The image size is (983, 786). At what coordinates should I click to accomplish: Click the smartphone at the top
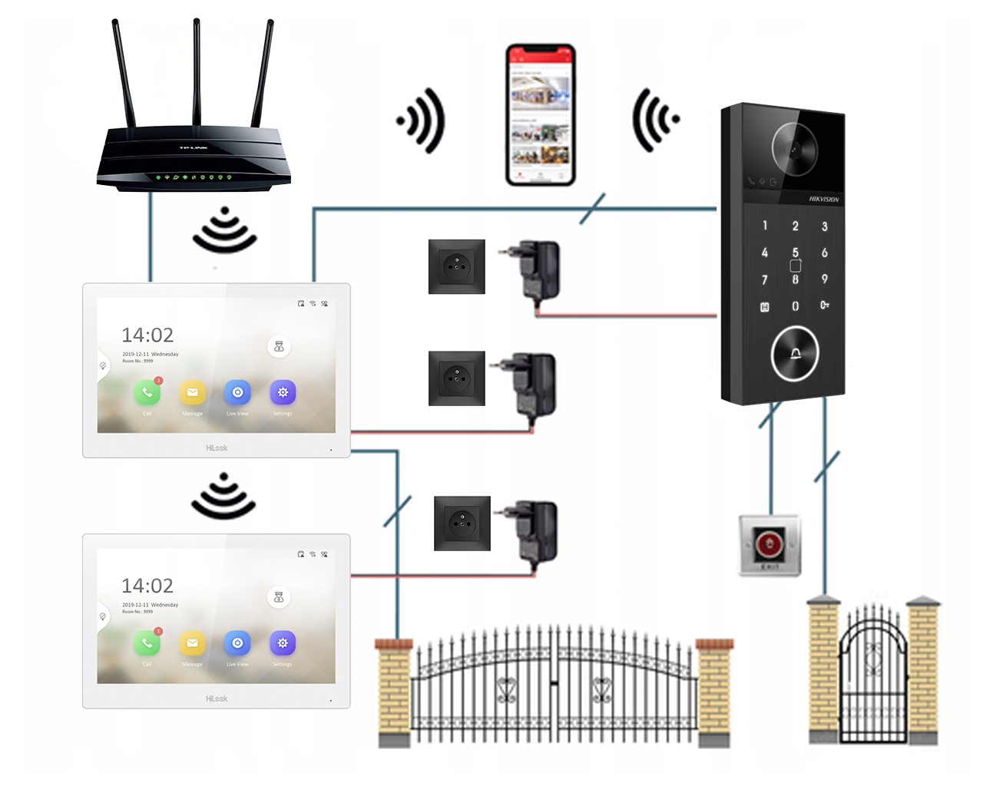[541, 115]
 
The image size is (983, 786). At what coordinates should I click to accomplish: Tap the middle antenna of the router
[197, 73]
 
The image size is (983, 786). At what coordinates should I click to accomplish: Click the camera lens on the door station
[795, 150]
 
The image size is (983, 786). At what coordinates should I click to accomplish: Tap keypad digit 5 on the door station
[795, 253]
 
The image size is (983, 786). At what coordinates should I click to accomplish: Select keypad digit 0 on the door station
[795, 306]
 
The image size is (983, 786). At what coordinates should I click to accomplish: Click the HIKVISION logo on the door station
[823, 200]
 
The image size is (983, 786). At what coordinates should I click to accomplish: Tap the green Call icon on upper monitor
[147, 393]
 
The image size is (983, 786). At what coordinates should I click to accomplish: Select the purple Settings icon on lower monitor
[283, 643]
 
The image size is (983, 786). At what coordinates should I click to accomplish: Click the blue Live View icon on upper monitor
[237, 393]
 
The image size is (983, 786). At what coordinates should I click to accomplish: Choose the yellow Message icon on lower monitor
[192, 643]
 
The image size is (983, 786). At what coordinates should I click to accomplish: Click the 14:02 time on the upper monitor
[147, 335]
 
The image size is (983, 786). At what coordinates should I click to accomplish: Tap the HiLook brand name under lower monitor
[217, 698]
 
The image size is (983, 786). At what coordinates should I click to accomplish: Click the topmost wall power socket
[457, 266]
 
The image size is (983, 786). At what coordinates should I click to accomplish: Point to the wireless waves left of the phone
[422, 121]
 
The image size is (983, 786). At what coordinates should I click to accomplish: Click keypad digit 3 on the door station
[825, 226]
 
